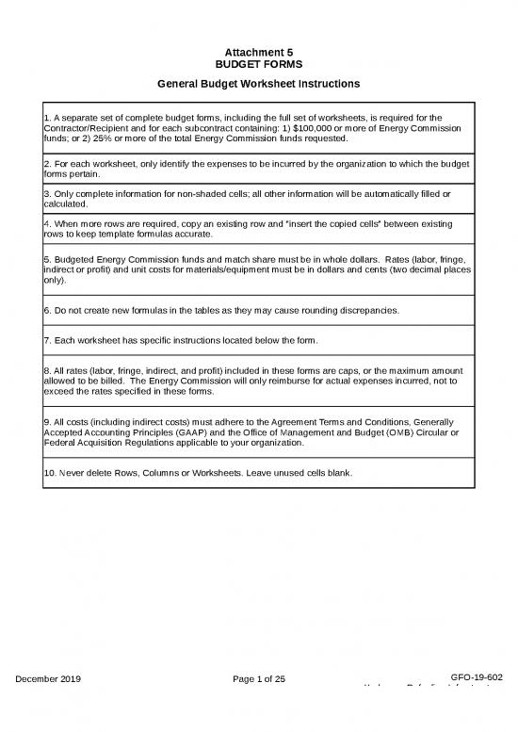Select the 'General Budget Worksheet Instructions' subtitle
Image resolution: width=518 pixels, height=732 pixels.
pyautogui.click(x=259, y=84)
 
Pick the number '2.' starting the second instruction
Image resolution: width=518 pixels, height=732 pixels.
pyautogui.click(x=48, y=164)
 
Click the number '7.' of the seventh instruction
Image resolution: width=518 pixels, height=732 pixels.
pyautogui.click(x=48, y=339)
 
